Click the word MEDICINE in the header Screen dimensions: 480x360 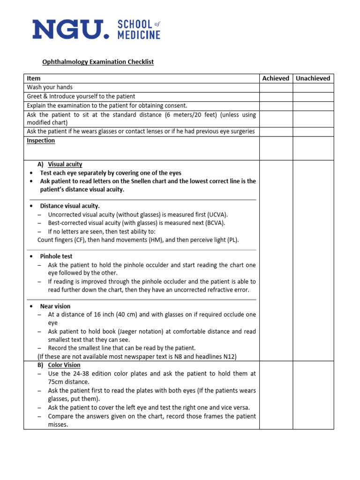139,35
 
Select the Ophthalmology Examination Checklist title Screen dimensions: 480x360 98,62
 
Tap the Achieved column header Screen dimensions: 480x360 276,78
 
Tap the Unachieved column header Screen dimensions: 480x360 313,78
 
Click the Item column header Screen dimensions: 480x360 34,78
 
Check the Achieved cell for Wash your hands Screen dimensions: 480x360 276,88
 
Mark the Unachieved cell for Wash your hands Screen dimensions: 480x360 313,88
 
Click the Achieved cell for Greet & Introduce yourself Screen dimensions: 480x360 276,97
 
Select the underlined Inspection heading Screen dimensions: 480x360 41,141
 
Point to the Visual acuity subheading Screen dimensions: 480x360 65,165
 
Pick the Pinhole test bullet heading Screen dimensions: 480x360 56,256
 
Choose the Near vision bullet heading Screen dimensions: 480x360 55,306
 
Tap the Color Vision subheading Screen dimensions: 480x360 64,365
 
